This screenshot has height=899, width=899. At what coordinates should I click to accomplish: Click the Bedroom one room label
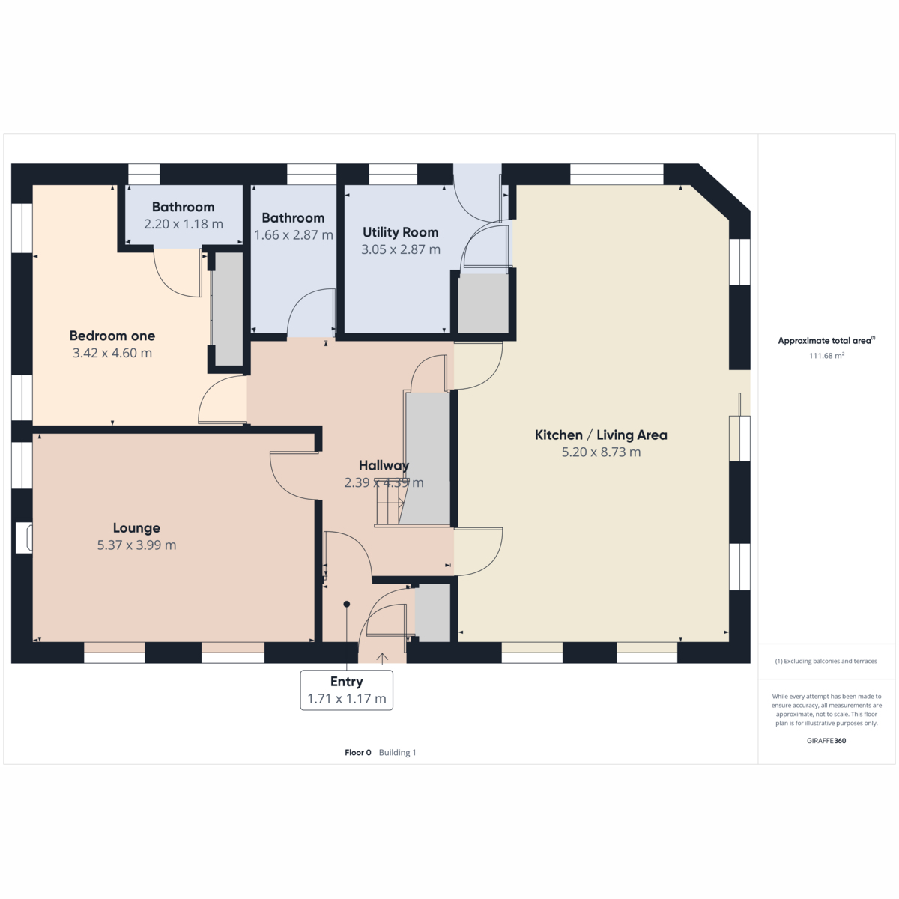112,336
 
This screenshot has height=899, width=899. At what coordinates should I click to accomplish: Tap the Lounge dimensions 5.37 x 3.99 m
136,545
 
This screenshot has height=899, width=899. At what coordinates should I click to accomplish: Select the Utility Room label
400,232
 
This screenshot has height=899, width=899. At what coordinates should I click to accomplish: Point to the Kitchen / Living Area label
601,435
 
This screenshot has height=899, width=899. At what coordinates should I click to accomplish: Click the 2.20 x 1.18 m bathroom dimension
184,224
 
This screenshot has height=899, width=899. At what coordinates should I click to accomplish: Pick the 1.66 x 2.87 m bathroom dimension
294,234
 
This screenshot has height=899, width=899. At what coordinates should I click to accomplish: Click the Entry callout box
347,690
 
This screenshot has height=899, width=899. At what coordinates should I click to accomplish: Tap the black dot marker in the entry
347,604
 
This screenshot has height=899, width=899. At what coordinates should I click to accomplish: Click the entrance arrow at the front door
383,658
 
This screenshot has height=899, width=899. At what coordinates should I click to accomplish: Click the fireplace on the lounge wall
24,538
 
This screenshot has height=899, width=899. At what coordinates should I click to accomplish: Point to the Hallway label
384,465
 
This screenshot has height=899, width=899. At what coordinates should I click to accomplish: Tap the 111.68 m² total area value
826,356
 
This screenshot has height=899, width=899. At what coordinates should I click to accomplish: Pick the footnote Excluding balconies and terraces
826,661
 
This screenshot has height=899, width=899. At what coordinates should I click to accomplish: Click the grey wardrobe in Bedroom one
228,309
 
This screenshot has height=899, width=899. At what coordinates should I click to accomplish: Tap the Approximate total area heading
826,341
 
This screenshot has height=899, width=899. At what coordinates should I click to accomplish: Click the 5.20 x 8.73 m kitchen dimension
601,452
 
